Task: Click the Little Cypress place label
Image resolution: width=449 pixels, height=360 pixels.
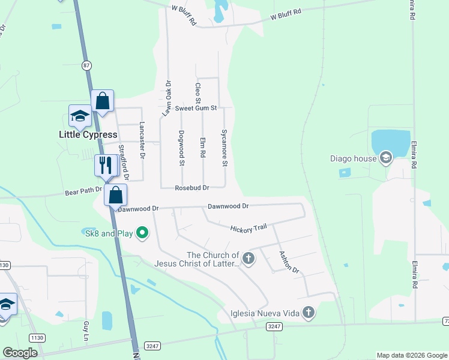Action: point(88,134)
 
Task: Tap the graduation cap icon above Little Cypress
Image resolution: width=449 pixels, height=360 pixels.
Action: point(80,116)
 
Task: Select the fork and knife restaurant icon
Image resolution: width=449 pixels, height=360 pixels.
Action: point(106,166)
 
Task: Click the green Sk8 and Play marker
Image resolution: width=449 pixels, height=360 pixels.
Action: point(142,232)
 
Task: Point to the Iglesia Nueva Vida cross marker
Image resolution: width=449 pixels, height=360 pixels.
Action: point(309,312)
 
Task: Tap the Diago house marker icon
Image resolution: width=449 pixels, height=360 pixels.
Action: point(385,158)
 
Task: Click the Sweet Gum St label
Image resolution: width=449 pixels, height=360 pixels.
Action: point(195,108)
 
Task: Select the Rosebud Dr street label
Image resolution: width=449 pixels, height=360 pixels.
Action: point(191,188)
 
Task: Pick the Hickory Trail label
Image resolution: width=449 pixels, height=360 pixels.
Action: point(248,228)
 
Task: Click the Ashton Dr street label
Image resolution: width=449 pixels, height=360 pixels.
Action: point(289,261)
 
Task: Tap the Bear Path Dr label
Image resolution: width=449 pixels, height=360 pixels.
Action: point(83,193)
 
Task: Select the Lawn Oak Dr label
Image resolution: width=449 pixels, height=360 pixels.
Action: point(167,98)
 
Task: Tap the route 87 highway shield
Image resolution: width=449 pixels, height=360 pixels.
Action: point(87,65)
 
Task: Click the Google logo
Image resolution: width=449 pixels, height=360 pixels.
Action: point(20,353)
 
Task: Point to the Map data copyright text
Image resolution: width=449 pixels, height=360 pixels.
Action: point(411,355)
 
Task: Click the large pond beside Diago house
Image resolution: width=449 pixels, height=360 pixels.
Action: point(390,143)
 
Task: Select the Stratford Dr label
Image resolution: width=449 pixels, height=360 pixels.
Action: point(124,162)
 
